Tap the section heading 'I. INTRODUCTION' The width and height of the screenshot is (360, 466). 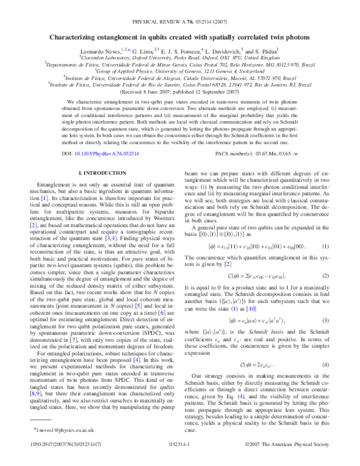97,172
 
